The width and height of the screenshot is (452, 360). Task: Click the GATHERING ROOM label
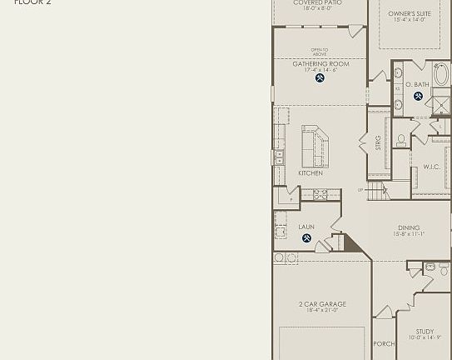tap(320, 64)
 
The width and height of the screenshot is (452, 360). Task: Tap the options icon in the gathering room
tap(320, 78)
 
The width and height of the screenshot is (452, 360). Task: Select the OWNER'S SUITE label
tap(410, 14)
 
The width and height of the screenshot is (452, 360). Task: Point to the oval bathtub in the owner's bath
tap(441, 76)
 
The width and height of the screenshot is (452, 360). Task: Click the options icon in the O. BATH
tap(418, 97)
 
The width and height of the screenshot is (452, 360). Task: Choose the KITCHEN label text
tap(310, 173)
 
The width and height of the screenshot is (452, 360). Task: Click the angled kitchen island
tap(314, 147)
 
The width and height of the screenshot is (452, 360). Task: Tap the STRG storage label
tap(378, 142)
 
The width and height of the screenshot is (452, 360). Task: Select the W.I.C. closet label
tap(431, 167)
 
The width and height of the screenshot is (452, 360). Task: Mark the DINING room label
tap(409, 227)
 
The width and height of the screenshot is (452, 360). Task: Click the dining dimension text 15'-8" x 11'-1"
tap(409, 234)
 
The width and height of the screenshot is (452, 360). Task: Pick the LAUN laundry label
tap(306, 227)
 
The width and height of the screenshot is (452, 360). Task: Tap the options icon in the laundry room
tap(306, 238)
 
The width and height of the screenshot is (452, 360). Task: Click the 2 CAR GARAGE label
tap(322, 304)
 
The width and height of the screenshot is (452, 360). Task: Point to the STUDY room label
tap(425, 332)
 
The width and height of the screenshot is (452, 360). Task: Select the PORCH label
tap(384, 344)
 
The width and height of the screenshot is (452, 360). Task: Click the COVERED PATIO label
tap(317, 2)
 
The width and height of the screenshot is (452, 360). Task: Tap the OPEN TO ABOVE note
tap(320, 52)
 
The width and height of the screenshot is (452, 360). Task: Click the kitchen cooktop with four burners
tap(320, 194)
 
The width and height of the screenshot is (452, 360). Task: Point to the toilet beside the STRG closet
tap(401, 141)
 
